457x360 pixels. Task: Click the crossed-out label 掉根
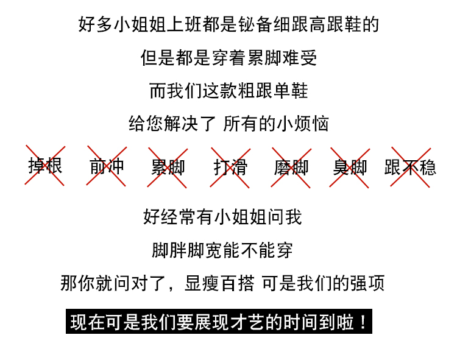tap(45, 166)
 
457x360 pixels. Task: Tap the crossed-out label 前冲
tap(107, 166)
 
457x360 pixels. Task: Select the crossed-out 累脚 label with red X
tap(168, 167)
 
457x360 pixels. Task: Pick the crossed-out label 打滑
tap(230, 167)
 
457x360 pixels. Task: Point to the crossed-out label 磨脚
tap(291, 167)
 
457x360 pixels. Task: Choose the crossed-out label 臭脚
tap(350, 167)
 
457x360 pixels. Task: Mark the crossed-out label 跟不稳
tap(411, 167)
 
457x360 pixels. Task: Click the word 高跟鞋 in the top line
tap(335, 25)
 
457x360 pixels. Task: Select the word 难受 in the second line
tap(300, 58)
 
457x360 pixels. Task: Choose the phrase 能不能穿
tap(258, 250)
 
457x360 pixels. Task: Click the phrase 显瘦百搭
tap(221, 284)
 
